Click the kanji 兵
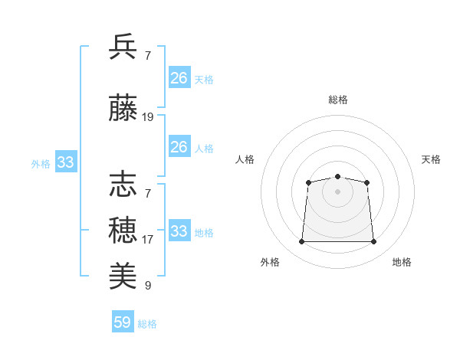pyautogui.click(x=123, y=46)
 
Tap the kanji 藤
pyautogui.click(x=123, y=107)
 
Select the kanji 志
pyautogui.click(x=123, y=184)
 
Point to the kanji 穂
pyautogui.click(x=123, y=231)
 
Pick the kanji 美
pyautogui.click(x=123, y=276)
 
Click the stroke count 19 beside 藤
pyautogui.click(x=147, y=117)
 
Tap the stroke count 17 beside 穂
pyautogui.click(x=147, y=240)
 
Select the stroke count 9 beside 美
pyautogui.click(x=148, y=285)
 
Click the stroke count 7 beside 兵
pyautogui.click(x=148, y=56)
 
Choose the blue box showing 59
pyautogui.click(x=123, y=321)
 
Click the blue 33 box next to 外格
pyautogui.click(x=66, y=162)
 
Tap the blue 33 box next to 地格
pyautogui.click(x=179, y=230)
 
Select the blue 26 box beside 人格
pyautogui.click(x=179, y=146)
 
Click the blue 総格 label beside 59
pyautogui.click(x=147, y=324)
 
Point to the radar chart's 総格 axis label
pyautogui.click(x=338, y=100)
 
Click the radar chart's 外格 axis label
pyautogui.click(x=270, y=262)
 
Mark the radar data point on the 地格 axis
pyautogui.click(x=373, y=241)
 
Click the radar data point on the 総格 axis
pyautogui.click(x=337, y=176)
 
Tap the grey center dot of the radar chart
pyautogui.click(x=337, y=191)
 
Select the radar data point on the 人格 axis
pyautogui.click(x=309, y=182)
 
